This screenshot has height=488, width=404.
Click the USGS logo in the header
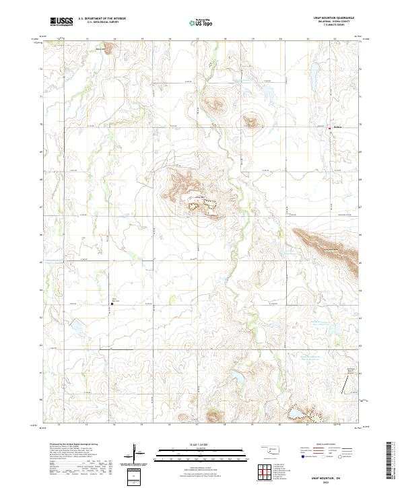pos(61,22)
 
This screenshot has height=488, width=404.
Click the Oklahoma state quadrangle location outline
pos(271,448)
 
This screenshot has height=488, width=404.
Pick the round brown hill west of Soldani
pos(252,122)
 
